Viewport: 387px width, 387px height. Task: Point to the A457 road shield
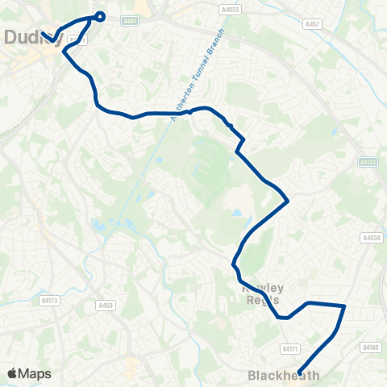tap(313, 25)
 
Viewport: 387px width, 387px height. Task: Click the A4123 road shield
tap(368, 162)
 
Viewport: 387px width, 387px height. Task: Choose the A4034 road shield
tap(371, 238)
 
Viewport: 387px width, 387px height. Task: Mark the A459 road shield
tap(106, 306)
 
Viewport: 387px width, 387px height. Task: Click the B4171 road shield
tap(290, 348)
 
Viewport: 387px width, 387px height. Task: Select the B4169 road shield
tap(370, 347)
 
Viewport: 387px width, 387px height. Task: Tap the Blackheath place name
tap(284, 375)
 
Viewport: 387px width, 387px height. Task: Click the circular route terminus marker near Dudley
tap(100, 16)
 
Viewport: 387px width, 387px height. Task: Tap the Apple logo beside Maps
tap(13, 373)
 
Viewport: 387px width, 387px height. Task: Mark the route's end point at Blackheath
tap(300, 372)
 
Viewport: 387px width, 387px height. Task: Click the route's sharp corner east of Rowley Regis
tap(344, 306)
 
